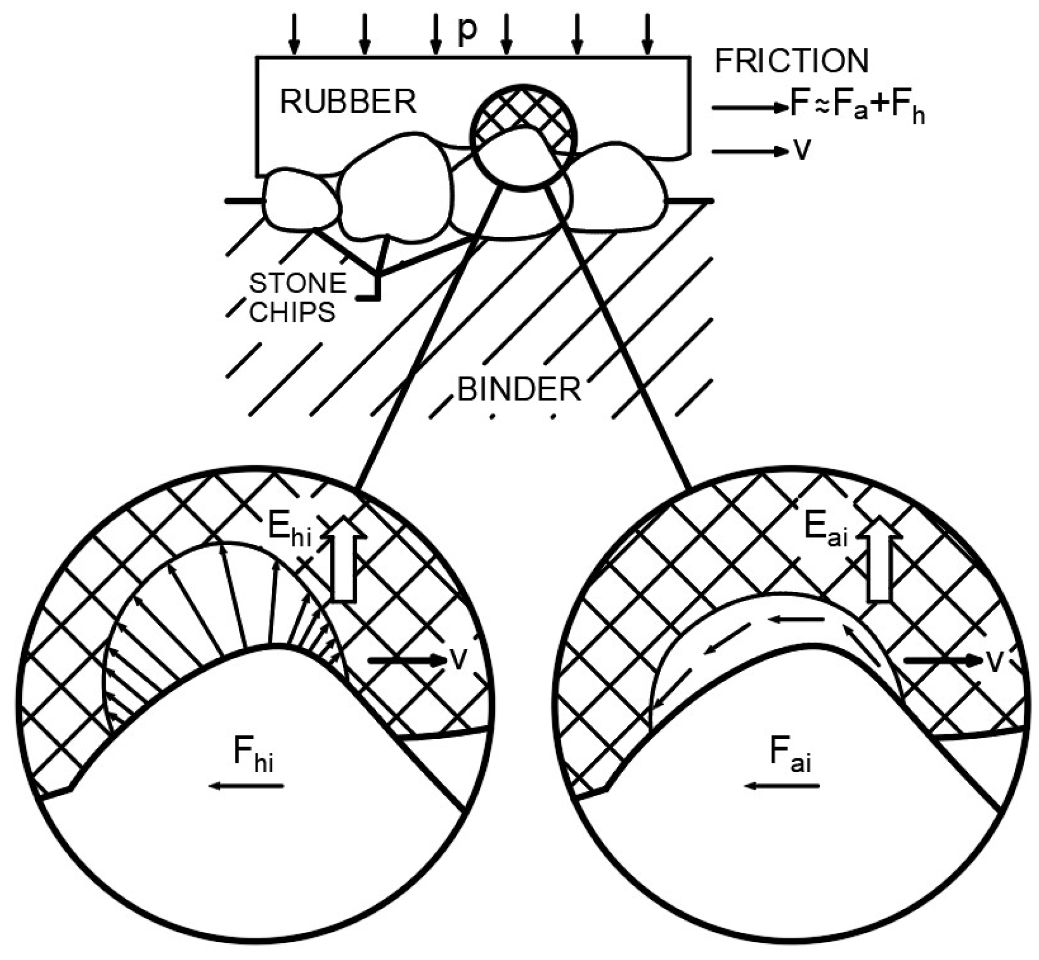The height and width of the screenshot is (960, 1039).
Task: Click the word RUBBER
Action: pyautogui.click(x=348, y=102)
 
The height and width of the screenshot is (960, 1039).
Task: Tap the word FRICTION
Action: pyautogui.click(x=791, y=61)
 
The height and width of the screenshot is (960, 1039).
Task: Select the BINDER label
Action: pyautogui.click(x=519, y=390)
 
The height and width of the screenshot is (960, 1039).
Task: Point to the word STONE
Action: pyautogui.click(x=298, y=283)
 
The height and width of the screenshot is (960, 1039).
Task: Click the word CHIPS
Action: pyautogui.click(x=292, y=312)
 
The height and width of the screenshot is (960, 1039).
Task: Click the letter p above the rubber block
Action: pyautogui.click(x=467, y=31)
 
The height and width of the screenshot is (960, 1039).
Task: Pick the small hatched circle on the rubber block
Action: pyautogui.click(x=523, y=137)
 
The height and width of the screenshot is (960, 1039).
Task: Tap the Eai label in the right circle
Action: pyautogui.click(x=825, y=530)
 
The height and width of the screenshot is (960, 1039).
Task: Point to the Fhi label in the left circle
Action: pyautogui.click(x=253, y=755)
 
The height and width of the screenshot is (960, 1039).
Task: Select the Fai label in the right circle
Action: pyautogui.click(x=790, y=755)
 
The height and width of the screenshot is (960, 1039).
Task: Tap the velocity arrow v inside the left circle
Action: pyautogui.click(x=408, y=660)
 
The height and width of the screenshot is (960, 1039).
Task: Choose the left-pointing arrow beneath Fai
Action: pyautogui.click(x=781, y=786)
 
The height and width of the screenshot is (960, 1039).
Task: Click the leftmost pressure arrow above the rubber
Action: pyautogui.click(x=294, y=33)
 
